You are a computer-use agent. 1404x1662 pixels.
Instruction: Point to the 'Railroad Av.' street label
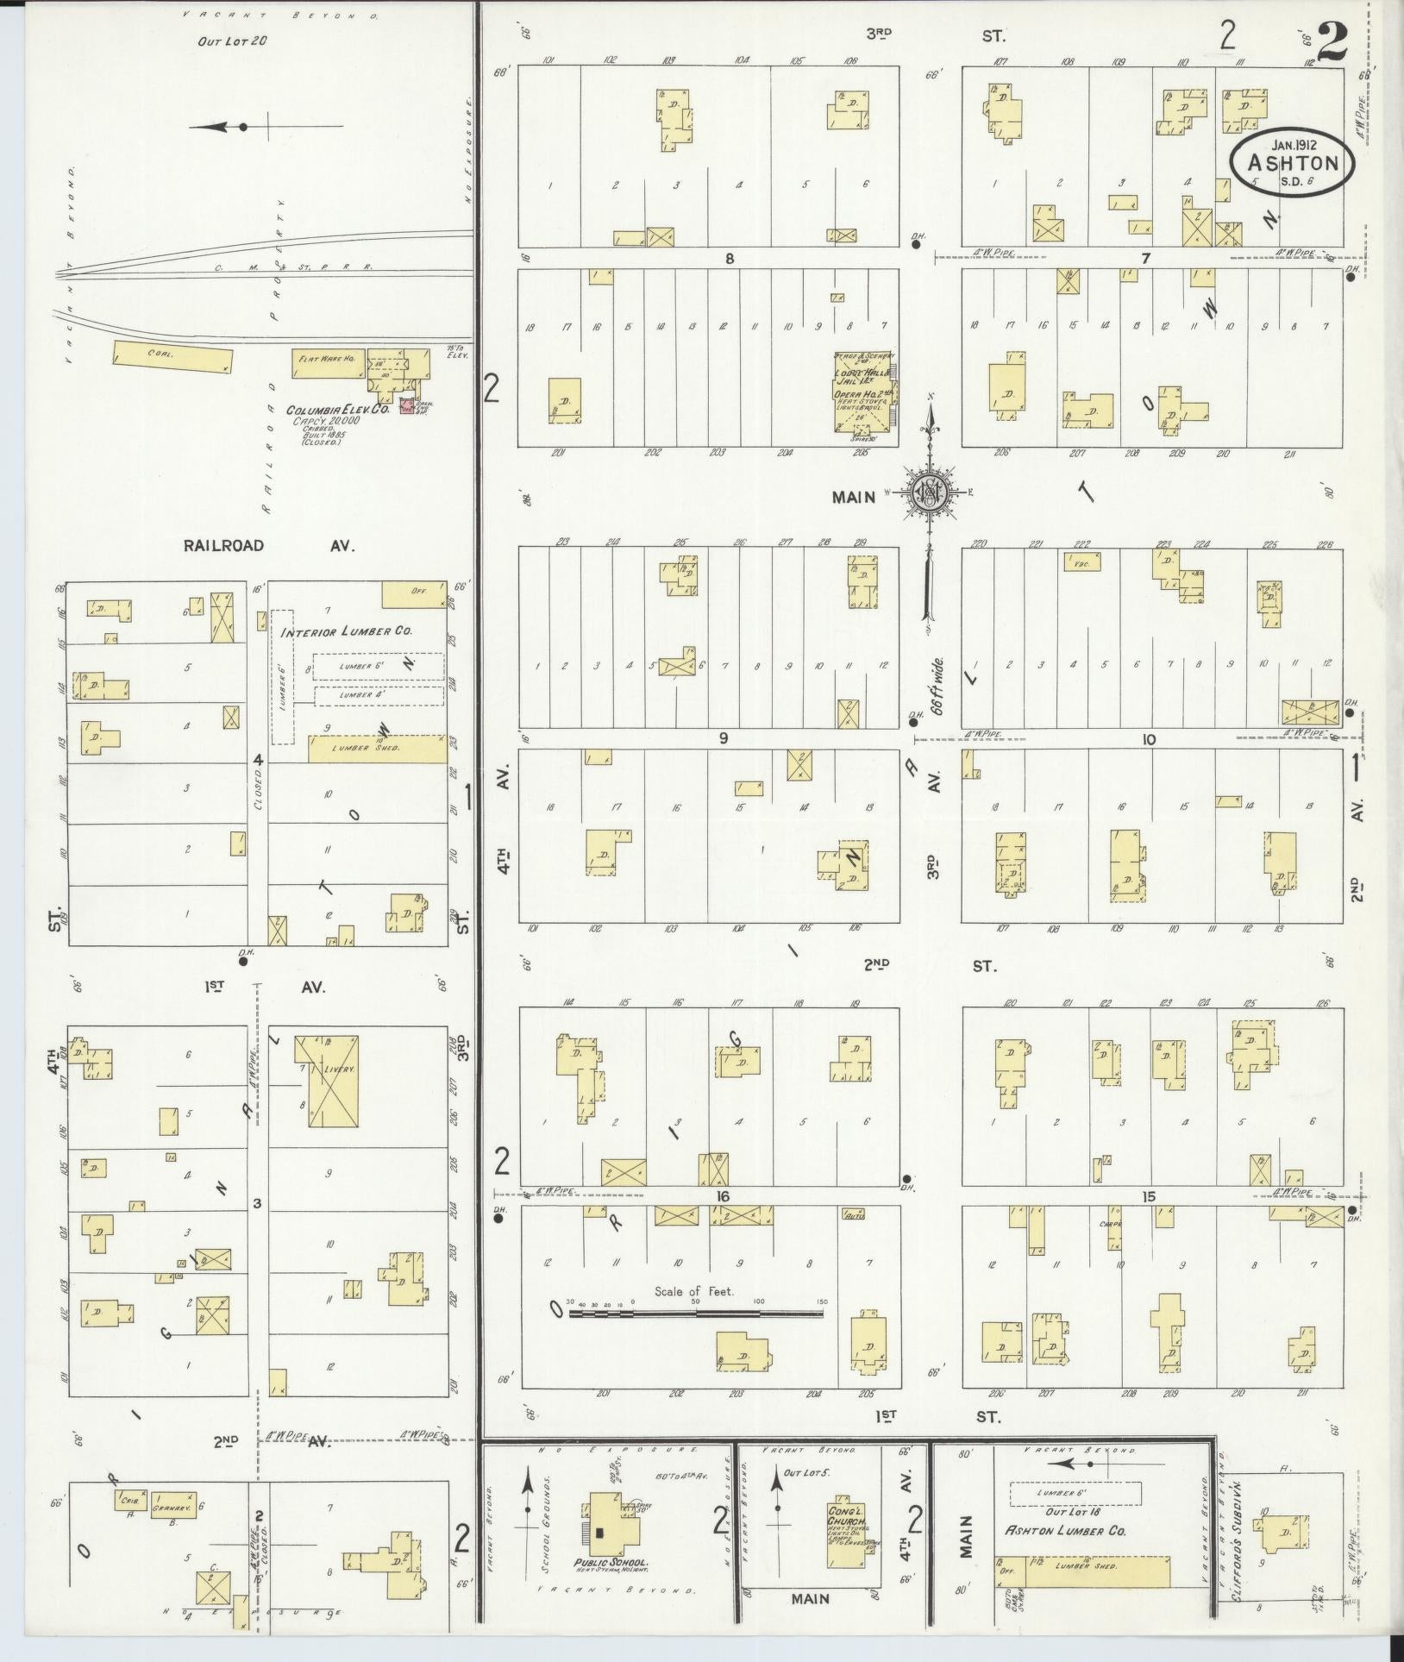coord(268,545)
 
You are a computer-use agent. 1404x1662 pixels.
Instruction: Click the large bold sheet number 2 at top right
coord(1332,41)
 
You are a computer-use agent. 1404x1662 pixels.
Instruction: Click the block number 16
coord(722,1196)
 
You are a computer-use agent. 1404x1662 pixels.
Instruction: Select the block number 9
coord(723,737)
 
